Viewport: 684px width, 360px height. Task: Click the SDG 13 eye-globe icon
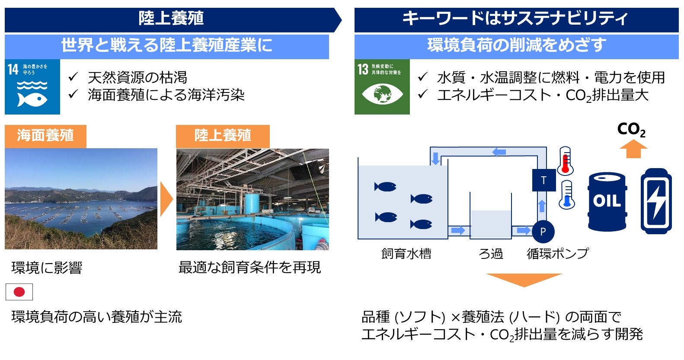click(x=382, y=93)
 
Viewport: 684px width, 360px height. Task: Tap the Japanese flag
click(x=19, y=292)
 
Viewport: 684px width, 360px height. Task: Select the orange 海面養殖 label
click(x=45, y=136)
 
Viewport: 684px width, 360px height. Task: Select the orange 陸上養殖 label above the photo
click(x=223, y=136)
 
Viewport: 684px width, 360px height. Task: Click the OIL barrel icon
click(x=607, y=201)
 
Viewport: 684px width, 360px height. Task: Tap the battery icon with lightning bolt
click(x=656, y=201)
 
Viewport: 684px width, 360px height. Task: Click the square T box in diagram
click(x=543, y=180)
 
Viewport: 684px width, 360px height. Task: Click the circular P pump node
click(x=543, y=232)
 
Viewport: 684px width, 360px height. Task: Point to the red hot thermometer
click(x=565, y=161)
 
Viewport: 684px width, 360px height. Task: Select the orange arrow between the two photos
click(x=166, y=199)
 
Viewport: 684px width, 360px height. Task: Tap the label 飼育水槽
click(x=406, y=253)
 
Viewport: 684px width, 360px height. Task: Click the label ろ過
click(x=491, y=253)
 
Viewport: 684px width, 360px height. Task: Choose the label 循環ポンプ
click(x=558, y=253)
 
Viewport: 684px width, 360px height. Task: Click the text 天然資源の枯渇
click(x=137, y=78)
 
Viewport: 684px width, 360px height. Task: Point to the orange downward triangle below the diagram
click(x=524, y=279)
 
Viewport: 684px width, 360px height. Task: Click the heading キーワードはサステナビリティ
click(x=515, y=19)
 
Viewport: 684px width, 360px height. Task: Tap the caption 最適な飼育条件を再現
click(x=249, y=268)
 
